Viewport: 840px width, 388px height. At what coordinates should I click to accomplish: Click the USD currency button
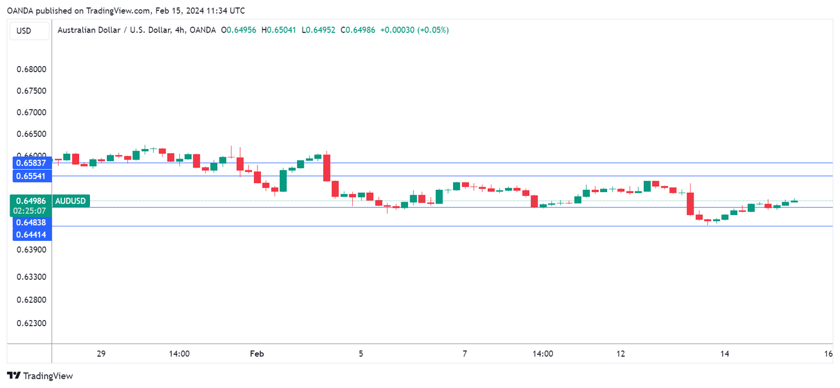[x=24, y=31]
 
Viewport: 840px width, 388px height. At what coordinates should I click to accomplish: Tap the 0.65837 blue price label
[x=31, y=163]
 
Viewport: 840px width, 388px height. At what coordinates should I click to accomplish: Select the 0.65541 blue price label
[x=31, y=176]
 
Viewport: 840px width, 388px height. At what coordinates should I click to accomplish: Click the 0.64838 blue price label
[x=31, y=222]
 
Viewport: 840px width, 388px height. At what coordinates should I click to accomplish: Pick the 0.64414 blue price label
[x=31, y=234]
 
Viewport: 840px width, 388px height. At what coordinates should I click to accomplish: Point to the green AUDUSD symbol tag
[x=71, y=201]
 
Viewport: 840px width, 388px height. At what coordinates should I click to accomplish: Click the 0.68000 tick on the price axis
[x=31, y=69]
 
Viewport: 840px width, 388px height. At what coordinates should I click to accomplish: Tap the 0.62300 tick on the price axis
[x=31, y=323]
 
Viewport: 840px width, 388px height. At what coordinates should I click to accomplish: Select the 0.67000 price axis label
[x=31, y=112]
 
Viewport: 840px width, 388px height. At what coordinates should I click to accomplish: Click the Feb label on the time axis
[x=257, y=354]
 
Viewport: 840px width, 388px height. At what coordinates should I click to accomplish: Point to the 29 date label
[x=101, y=354]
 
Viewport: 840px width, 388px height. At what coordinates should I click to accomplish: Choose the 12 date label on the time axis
[x=620, y=354]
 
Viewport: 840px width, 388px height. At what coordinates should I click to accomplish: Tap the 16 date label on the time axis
[x=828, y=354]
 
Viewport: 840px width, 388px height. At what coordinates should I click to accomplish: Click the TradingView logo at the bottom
[x=40, y=376]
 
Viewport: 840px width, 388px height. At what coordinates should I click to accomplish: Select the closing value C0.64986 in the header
[x=358, y=30]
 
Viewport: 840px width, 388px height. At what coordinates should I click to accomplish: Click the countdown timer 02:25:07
[x=31, y=211]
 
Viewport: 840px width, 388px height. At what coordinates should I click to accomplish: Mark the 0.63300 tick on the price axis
[x=31, y=277]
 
